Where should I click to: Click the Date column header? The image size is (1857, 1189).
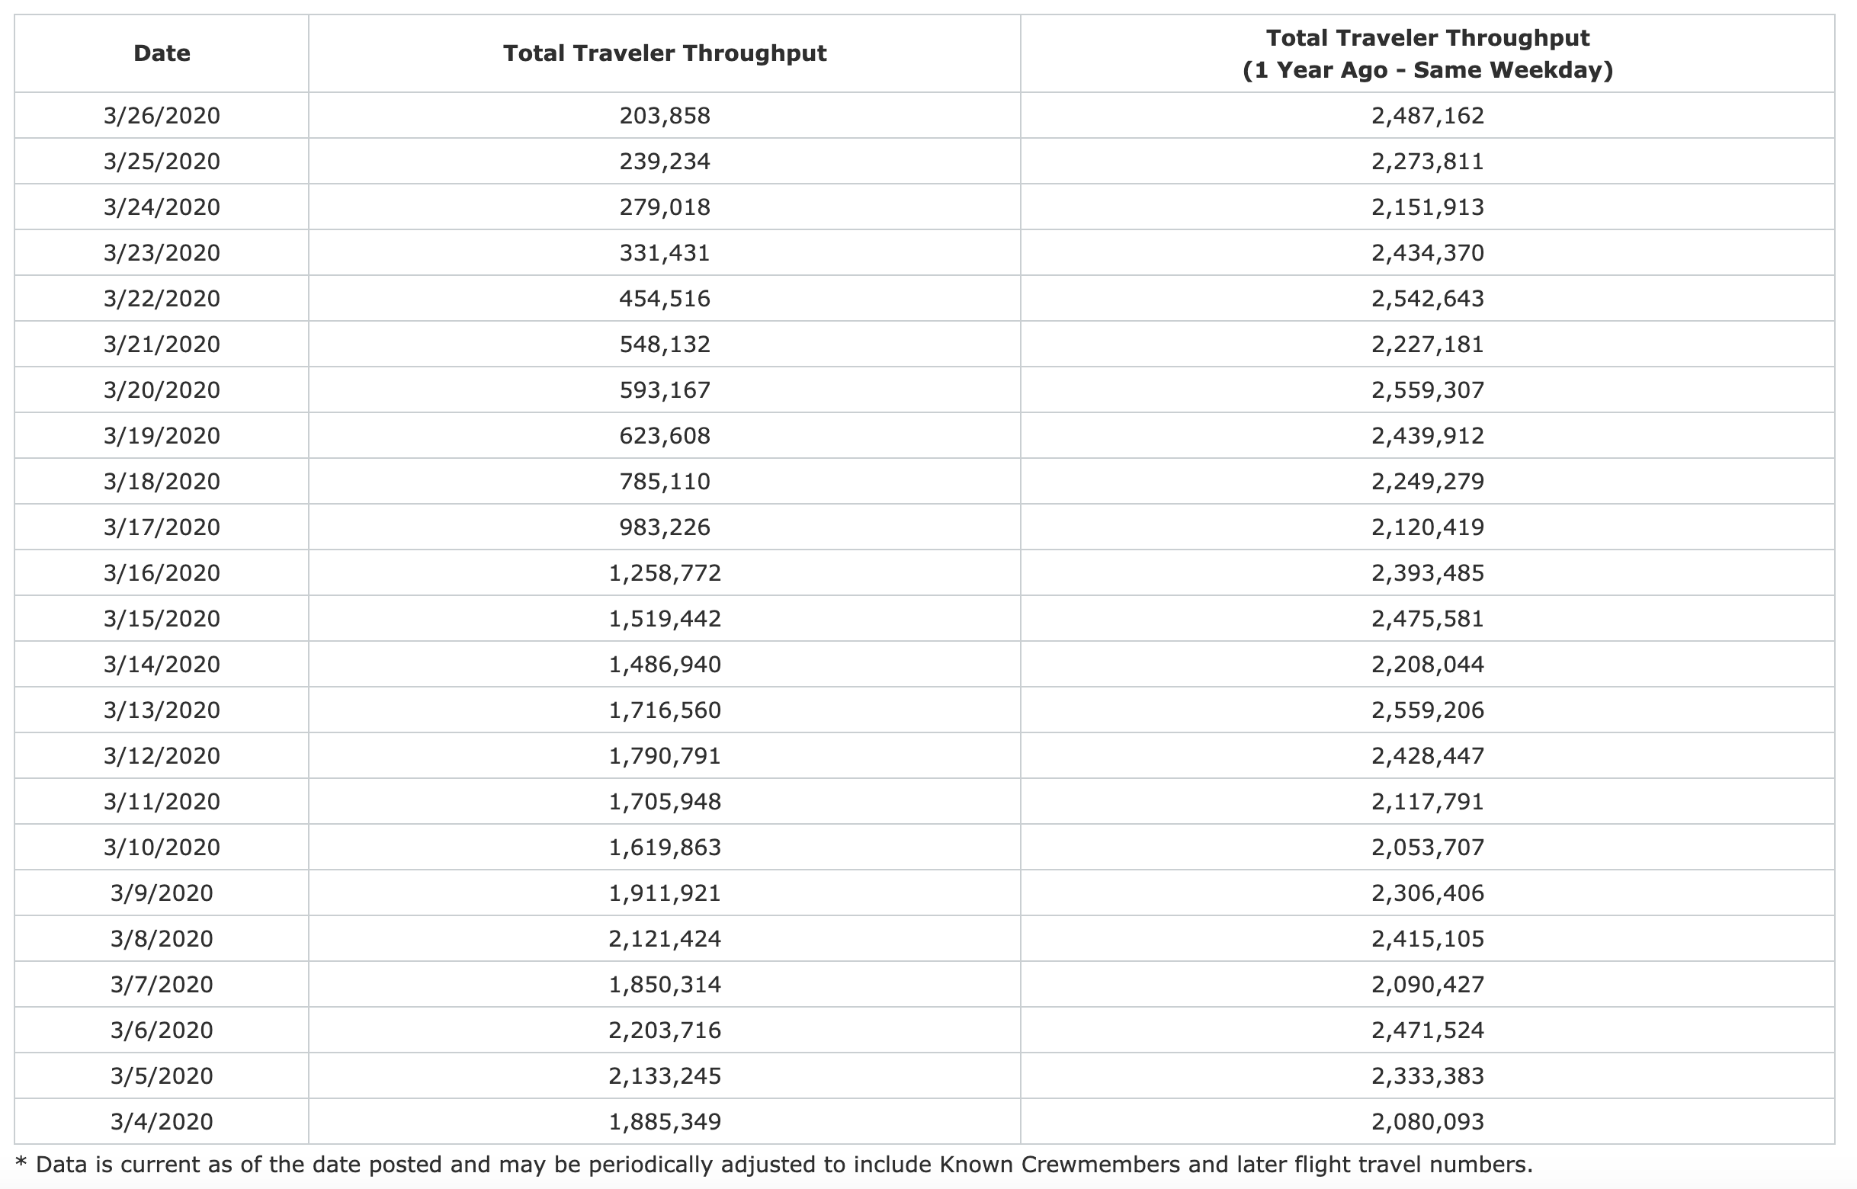162,53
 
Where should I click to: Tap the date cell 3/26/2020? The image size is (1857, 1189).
162,116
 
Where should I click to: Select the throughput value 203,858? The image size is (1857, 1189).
664,116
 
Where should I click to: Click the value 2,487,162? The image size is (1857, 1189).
1427,116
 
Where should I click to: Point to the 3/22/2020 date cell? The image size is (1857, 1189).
162,299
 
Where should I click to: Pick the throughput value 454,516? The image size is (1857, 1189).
664,299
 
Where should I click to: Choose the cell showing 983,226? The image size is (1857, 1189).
664,527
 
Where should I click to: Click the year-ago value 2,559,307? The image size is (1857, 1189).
1427,390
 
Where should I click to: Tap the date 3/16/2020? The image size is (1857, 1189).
162,573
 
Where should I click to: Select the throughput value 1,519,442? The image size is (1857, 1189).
664,618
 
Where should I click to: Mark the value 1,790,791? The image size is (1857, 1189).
664,756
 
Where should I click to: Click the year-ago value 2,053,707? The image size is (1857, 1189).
1427,847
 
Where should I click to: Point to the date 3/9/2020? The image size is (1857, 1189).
162,893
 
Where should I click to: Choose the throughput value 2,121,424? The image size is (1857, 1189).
664,939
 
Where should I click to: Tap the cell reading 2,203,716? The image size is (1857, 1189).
664,1030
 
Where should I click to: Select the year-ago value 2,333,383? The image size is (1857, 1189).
1427,1075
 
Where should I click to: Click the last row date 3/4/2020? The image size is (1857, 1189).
162,1122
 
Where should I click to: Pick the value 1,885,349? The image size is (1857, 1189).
664,1122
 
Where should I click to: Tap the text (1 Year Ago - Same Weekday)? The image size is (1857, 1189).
1427,70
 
